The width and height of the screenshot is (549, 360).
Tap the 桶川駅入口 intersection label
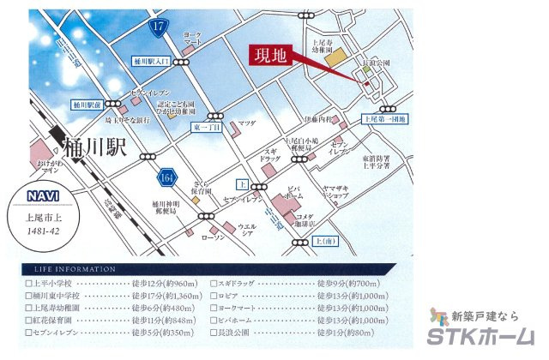point(153,62)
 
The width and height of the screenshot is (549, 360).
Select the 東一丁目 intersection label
point(207,128)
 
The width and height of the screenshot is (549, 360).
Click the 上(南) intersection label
point(329,243)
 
